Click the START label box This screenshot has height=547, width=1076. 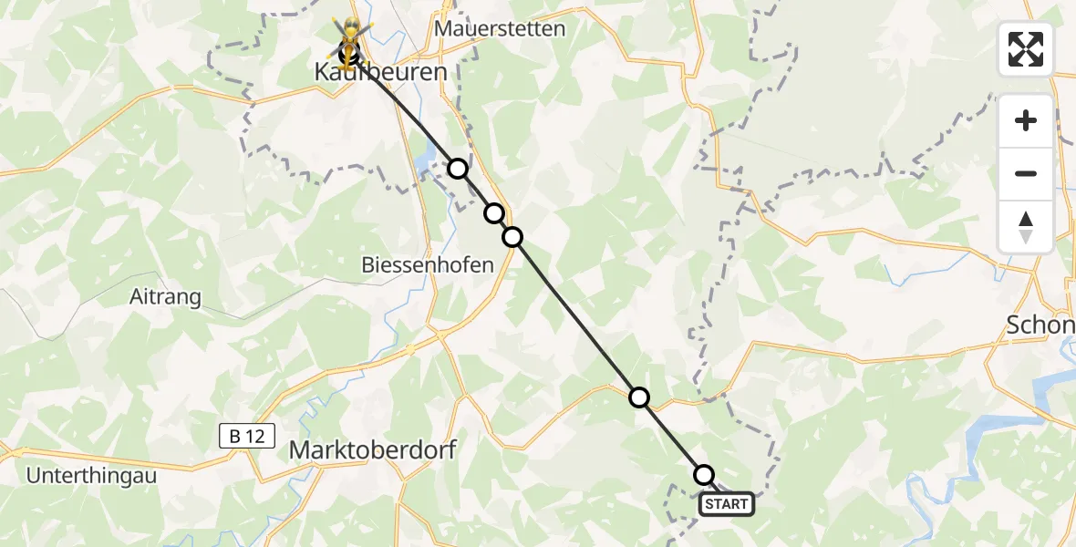[x=727, y=504]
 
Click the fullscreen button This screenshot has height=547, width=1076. [x=1026, y=48]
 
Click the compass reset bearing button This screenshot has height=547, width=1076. [x=1026, y=227]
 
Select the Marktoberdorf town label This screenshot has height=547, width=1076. [x=372, y=449]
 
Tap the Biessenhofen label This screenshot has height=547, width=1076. [x=428, y=265]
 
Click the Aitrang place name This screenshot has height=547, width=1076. [x=165, y=297]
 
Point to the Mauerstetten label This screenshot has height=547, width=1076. [x=500, y=28]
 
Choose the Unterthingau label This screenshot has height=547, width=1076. [x=91, y=475]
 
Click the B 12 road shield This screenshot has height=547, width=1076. [x=247, y=436]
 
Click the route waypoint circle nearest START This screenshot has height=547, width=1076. [x=704, y=475]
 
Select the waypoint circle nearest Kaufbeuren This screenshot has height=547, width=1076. [x=458, y=169]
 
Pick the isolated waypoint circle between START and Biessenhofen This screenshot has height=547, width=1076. [x=639, y=397]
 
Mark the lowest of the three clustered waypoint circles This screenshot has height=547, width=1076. [x=512, y=237]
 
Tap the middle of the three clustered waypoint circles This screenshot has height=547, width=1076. [x=493, y=213]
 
